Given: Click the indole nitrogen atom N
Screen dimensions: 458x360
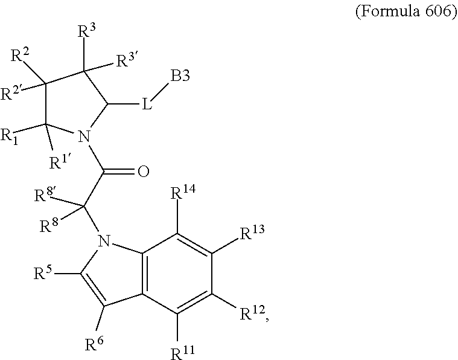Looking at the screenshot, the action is click(104, 243).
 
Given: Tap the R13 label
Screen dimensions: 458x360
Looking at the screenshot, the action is click(253, 233).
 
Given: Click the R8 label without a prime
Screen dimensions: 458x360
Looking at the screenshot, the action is click(48, 227).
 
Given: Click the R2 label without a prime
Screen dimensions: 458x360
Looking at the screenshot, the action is click(21, 58).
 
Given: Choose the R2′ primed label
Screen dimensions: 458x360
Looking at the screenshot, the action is click(13, 93).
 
